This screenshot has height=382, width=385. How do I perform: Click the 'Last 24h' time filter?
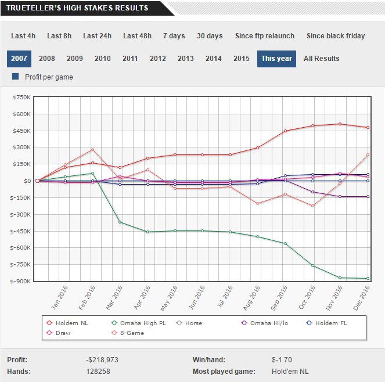click(97, 35)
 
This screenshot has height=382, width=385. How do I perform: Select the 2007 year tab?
click(19, 59)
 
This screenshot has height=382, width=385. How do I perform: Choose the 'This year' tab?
click(276, 59)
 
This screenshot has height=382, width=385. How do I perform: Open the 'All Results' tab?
click(321, 59)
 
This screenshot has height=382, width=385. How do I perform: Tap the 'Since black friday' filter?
click(336, 35)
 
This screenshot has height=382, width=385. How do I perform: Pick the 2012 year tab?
click(158, 59)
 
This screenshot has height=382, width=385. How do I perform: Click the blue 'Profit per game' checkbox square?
click(15, 77)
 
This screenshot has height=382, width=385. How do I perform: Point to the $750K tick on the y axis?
click(21, 98)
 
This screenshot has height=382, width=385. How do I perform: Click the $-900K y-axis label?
click(21, 282)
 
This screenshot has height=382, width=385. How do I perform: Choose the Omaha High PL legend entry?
click(139, 323)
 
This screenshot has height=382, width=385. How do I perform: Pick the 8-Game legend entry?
click(131, 333)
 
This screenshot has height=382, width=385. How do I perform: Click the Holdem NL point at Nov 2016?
click(340, 124)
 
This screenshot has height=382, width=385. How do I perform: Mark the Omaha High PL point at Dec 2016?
click(368, 279)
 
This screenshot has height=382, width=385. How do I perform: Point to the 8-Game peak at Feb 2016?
click(92, 150)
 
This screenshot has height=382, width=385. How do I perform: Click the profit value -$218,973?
click(102, 360)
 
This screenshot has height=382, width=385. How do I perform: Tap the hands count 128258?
click(98, 371)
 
